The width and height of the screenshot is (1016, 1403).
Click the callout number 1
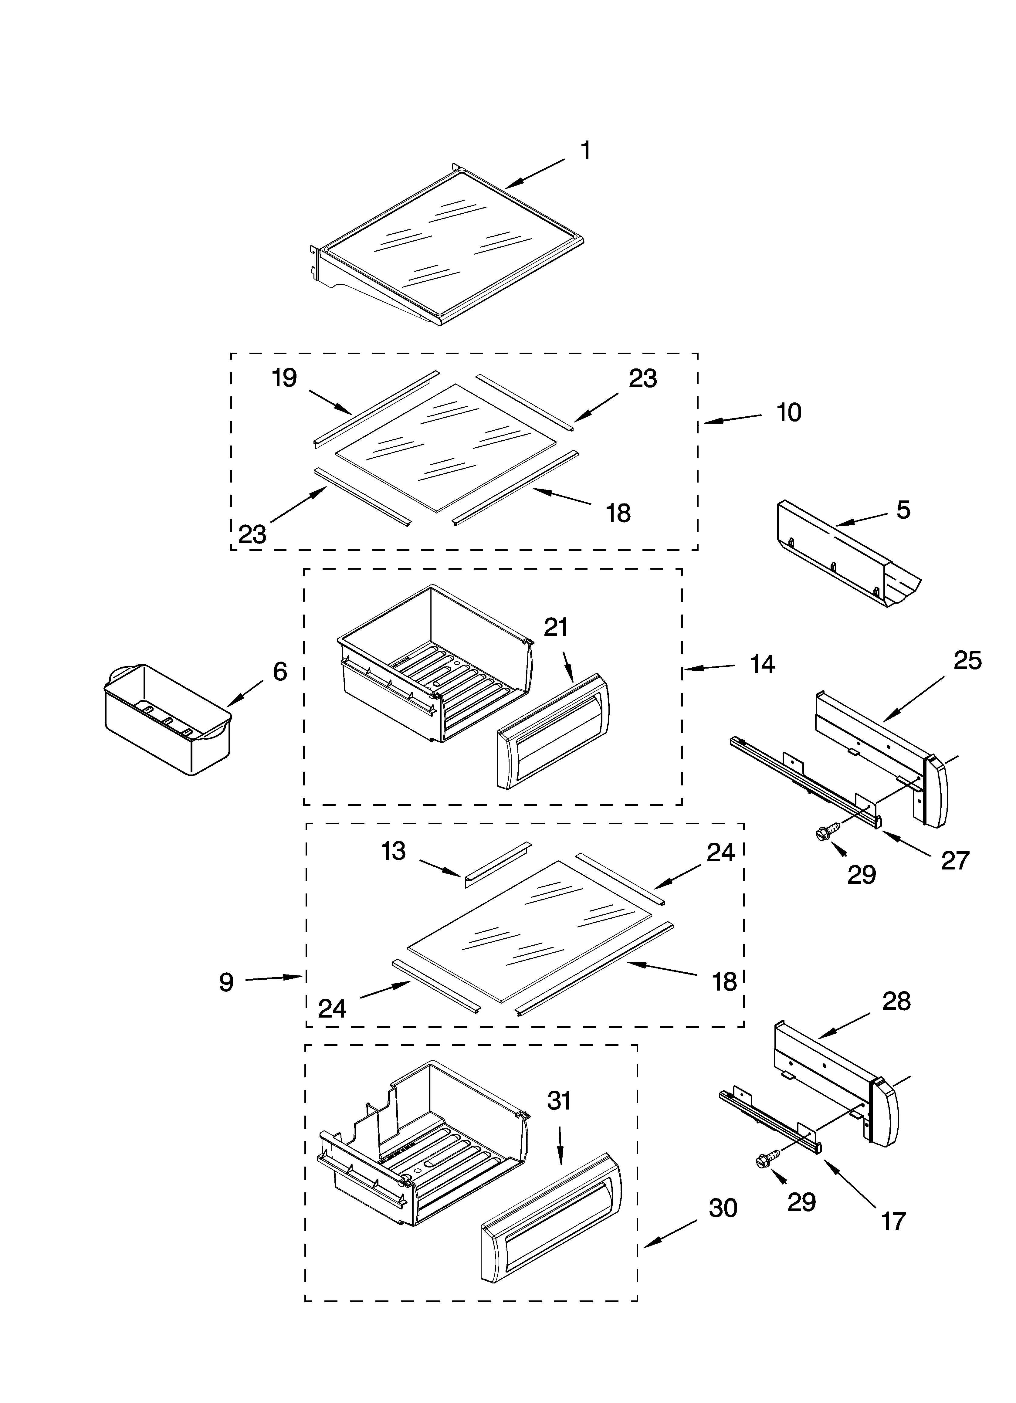click(x=585, y=151)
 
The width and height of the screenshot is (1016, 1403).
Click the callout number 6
click(x=280, y=671)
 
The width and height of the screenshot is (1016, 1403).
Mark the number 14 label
click(x=762, y=664)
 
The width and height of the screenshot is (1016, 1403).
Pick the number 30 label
click(x=723, y=1208)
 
